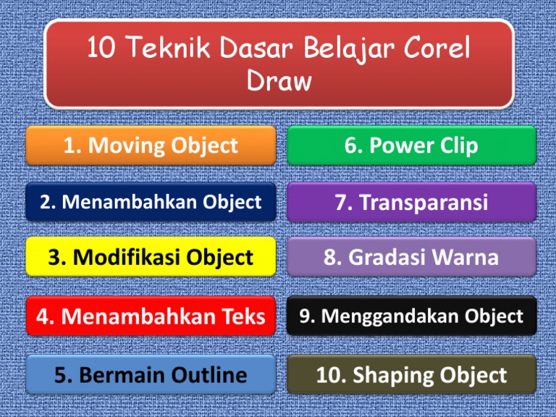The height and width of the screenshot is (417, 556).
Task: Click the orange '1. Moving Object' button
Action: click(x=151, y=146)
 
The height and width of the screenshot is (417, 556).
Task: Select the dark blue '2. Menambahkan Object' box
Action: click(x=151, y=202)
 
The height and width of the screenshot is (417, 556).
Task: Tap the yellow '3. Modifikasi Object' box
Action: click(x=151, y=257)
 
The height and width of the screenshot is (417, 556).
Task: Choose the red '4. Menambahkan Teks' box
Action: click(x=151, y=316)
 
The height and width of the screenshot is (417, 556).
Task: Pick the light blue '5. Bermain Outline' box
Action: click(x=151, y=375)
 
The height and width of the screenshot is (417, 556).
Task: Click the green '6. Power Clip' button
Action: click(x=411, y=146)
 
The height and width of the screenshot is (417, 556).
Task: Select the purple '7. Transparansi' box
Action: click(x=411, y=202)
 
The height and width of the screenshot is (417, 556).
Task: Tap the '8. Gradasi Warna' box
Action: click(x=411, y=257)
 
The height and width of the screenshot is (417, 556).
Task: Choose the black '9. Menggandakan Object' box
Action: click(x=411, y=316)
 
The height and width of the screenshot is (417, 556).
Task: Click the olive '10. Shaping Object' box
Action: click(x=411, y=375)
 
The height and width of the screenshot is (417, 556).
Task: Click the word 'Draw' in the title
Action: click(x=279, y=81)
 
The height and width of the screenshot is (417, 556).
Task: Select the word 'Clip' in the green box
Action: click(x=456, y=146)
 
